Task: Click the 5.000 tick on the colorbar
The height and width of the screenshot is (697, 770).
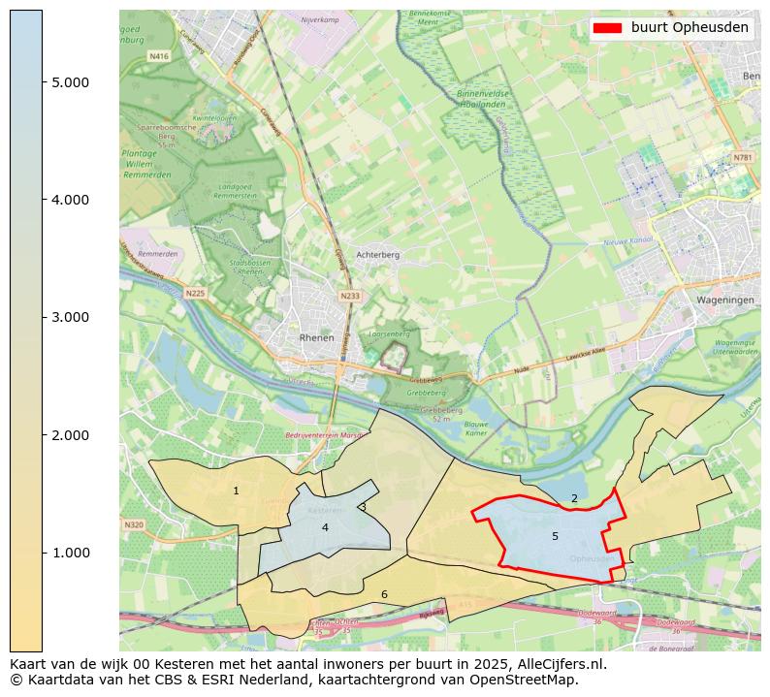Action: pyautogui.click(x=70, y=82)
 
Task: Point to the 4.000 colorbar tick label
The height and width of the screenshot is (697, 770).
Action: pyautogui.click(x=70, y=200)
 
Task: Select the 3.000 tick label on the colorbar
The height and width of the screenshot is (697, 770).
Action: pyautogui.click(x=70, y=317)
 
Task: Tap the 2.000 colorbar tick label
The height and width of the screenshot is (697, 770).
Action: pyautogui.click(x=70, y=435)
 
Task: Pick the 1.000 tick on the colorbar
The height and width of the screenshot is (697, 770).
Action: pyautogui.click(x=70, y=553)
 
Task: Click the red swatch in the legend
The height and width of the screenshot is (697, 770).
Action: pyautogui.click(x=607, y=28)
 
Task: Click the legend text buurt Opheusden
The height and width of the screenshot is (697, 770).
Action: pyautogui.click(x=690, y=28)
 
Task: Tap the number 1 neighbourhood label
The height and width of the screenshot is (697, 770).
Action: pyautogui.click(x=236, y=491)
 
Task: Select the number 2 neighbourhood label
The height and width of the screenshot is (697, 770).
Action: pyautogui.click(x=574, y=499)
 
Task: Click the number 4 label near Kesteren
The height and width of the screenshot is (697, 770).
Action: pyautogui.click(x=325, y=527)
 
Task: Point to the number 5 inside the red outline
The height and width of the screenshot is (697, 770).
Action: pyautogui.click(x=555, y=536)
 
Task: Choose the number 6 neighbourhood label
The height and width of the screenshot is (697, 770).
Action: pyautogui.click(x=384, y=594)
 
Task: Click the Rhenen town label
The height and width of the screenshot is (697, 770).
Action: pyautogui.click(x=317, y=338)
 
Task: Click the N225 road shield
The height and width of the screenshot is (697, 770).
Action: pyautogui.click(x=195, y=293)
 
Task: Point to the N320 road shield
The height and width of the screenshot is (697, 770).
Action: pyautogui.click(x=134, y=524)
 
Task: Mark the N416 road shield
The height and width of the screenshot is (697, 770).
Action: pyautogui.click(x=158, y=57)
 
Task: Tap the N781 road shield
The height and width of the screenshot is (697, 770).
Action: pyautogui.click(x=742, y=157)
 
